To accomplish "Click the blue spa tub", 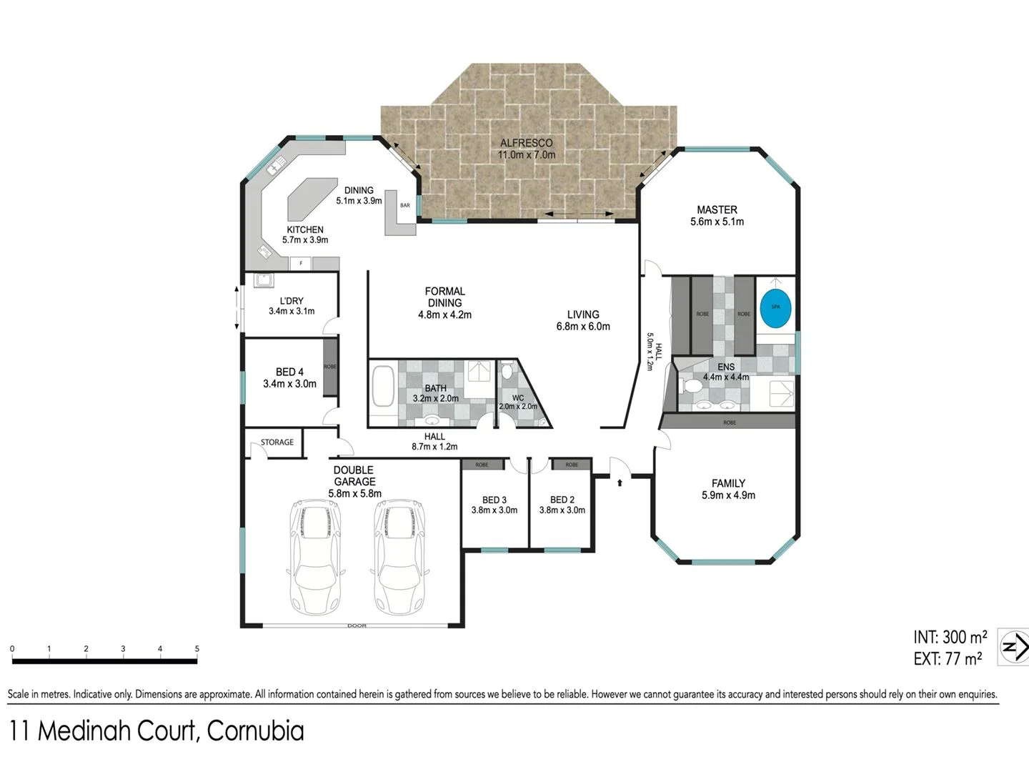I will pyautogui.click(x=775, y=307).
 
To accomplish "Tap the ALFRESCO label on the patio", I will pyautogui.click(x=526, y=143).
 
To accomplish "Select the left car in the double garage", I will pyautogui.click(x=314, y=558).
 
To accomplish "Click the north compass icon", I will pyautogui.click(x=1013, y=648).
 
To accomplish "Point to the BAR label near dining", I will pyautogui.click(x=405, y=206).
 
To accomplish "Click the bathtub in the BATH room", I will pyautogui.click(x=383, y=387).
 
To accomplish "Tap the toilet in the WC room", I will pyautogui.click(x=507, y=371).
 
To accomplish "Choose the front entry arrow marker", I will pyautogui.click(x=620, y=483).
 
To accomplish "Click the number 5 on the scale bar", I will pyautogui.click(x=197, y=649).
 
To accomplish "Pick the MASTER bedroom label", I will pyautogui.click(x=717, y=209).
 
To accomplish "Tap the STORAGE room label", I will pyautogui.click(x=277, y=442).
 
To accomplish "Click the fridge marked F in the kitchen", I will pyautogui.click(x=301, y=263).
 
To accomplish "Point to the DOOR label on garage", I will pyautogui.click(x=357, y=625).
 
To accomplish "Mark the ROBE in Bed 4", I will pyautogui.click(x=330, y=367).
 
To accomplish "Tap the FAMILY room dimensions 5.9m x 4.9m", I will pyautogui.click(x=728, y=495).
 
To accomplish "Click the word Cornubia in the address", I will pyautogui.click(x=255, y=731).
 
